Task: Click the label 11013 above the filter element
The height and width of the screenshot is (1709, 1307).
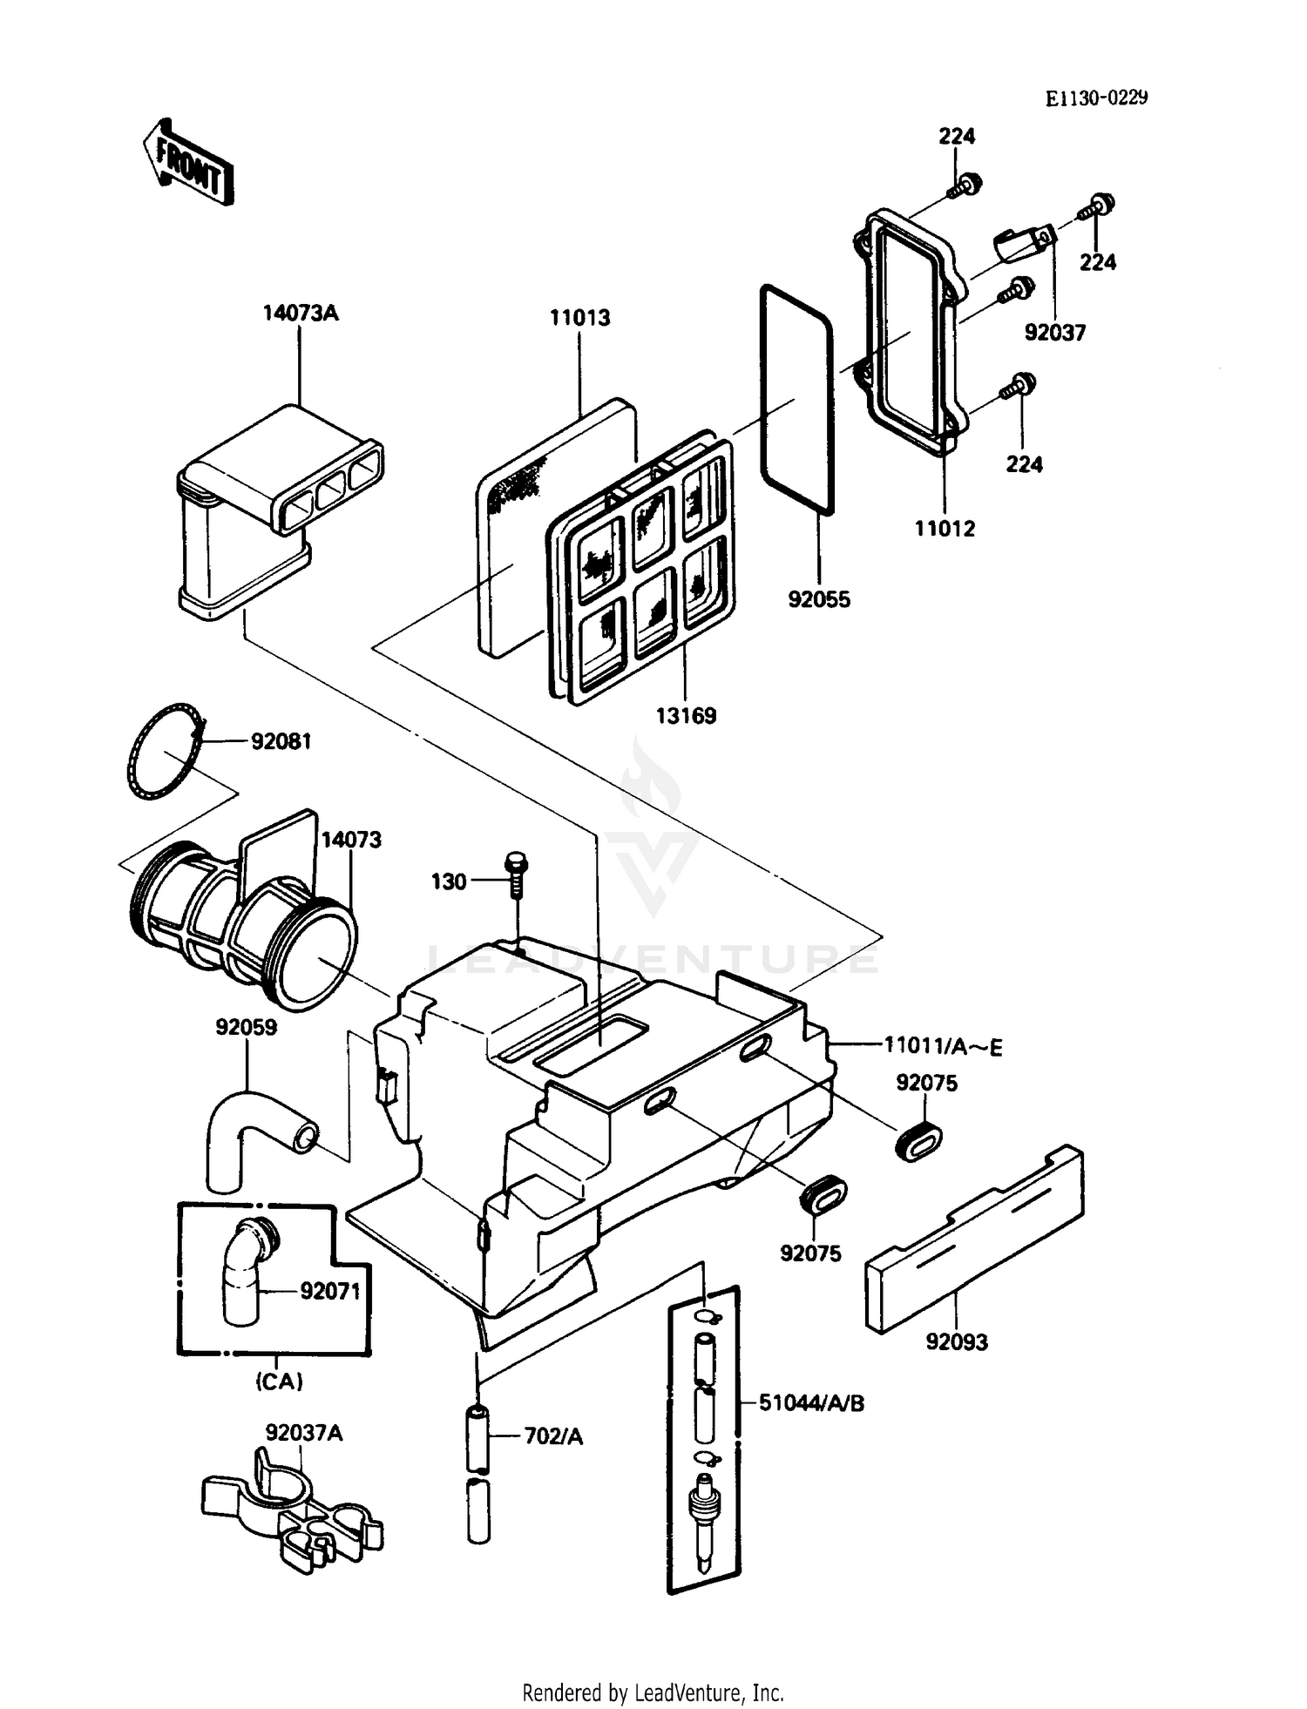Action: pos(579,318)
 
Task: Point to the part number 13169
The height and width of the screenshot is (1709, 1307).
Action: pos(686,716)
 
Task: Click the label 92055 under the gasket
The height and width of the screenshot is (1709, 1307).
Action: pos(818,600)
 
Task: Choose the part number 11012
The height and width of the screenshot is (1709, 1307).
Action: pos(945,529)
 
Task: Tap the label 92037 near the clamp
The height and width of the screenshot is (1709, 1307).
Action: pos(1054,333)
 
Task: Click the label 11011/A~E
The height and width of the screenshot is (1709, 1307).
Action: pos(943,1046)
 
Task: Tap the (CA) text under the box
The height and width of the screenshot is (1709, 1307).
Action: pos(279,1381)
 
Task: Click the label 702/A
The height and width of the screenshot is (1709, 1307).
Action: pos(552,1436)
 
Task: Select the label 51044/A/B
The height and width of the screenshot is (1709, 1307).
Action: pos(811,1403)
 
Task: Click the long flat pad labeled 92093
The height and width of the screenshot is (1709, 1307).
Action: pos(974,1241)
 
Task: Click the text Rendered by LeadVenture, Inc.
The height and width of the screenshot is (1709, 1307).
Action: pos(653,1692)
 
